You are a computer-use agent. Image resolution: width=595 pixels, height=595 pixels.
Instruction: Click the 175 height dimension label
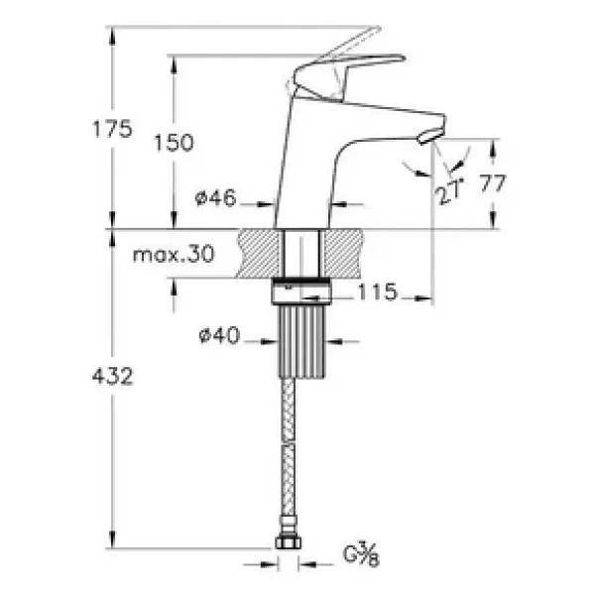point(113,129)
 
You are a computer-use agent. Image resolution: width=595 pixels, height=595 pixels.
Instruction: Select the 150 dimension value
point(174,143)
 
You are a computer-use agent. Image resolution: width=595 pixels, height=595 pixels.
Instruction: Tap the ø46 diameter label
point(215,197)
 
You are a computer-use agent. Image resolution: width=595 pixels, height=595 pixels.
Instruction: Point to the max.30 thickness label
point(174,254)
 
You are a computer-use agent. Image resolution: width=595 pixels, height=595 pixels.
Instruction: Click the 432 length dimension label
point(113,377)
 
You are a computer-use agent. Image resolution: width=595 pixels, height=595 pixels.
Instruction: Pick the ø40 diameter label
point(220,335)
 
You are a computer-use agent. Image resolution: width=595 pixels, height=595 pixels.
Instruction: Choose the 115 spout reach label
point(378,292)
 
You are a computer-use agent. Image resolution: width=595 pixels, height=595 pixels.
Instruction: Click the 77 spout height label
point(493,183)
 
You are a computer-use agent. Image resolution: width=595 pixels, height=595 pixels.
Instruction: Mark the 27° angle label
point(450,190)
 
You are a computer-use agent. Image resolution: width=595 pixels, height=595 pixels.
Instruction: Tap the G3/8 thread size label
point(361,554)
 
